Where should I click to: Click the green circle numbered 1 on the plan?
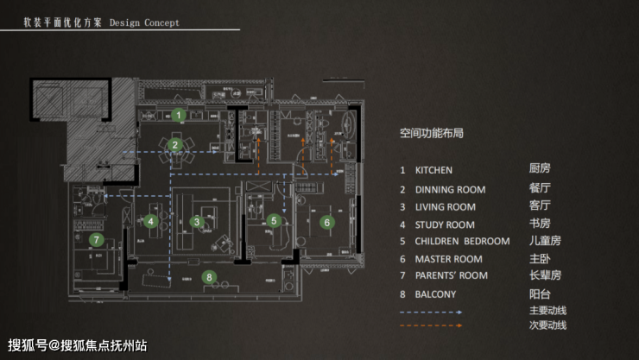[179, 114]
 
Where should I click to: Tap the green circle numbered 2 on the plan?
[174, 145]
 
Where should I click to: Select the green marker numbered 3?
[198, 222]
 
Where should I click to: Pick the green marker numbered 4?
[151, 221]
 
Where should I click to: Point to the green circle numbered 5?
[274, 221]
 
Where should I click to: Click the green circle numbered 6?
[326, 222]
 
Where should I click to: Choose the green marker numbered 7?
[96, 240]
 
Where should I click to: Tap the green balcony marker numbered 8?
[209, 276]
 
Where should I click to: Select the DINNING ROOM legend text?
[450, 190]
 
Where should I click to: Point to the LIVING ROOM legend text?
[445, 207]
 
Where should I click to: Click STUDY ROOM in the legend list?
[444, 224]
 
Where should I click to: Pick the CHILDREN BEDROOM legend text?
[462, 242]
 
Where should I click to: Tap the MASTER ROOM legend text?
[448, 259]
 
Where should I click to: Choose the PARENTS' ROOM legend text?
[451, 276]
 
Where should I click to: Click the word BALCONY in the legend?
[435, 294]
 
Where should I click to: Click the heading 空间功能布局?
[432, 134]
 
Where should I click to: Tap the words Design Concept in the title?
[145, 23]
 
